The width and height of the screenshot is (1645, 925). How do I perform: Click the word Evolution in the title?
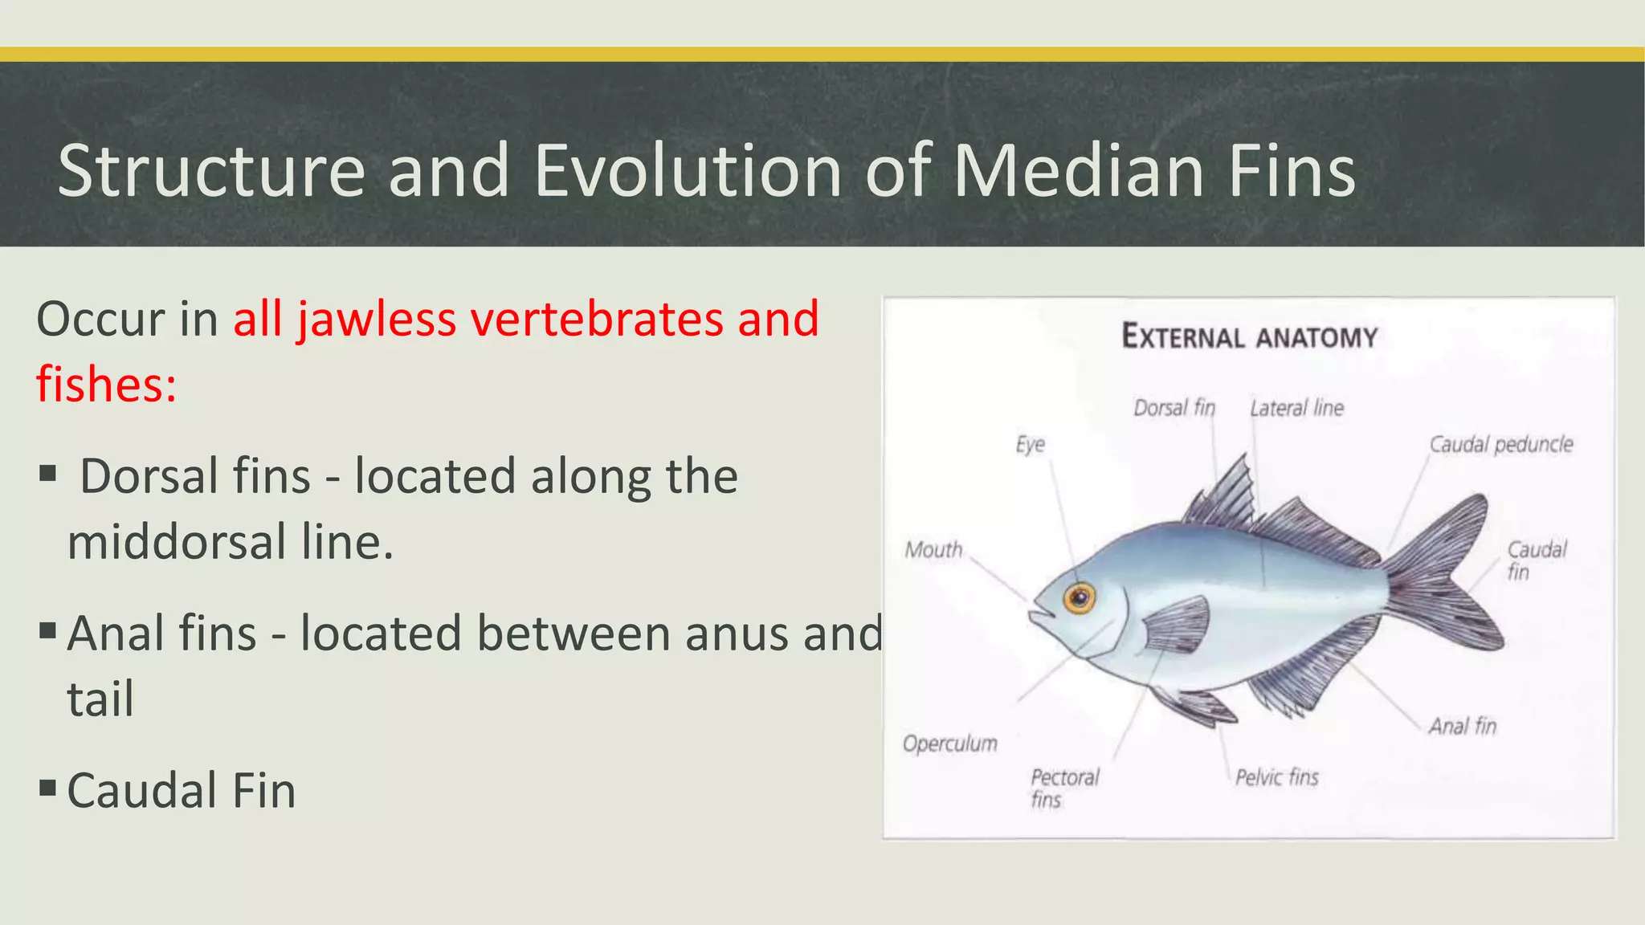coord(688,170)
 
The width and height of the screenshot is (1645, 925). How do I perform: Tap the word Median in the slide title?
coord(1079,170)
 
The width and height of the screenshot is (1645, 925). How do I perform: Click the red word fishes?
coord(106,385)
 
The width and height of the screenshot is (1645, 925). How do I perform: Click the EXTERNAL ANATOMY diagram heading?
coord(1249,336)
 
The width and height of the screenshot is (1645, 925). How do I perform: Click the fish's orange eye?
coord(1080,598)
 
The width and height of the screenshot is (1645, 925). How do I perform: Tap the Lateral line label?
coord(1296,408)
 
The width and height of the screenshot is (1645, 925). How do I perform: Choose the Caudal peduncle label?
coord(1500,444)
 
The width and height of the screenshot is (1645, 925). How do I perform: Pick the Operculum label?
coord(949,744)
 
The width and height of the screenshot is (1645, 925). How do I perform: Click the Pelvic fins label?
coord(1276,777)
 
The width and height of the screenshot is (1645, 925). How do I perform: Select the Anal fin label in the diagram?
coord(1462,727)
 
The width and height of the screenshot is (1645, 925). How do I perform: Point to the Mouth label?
coord(933,550)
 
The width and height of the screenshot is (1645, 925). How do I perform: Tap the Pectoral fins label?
coord(1063,788)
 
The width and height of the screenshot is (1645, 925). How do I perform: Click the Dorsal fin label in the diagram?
coord(1174,408)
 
